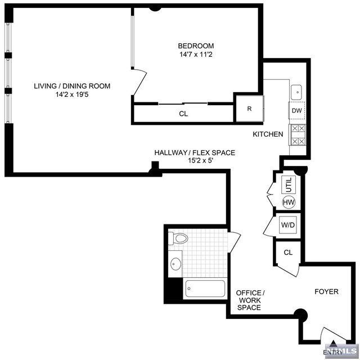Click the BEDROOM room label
196,46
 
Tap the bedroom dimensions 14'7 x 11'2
196,55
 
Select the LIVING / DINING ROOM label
72,86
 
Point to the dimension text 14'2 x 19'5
72,95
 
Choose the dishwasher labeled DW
296,111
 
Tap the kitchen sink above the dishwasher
296,91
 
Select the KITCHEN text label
268,134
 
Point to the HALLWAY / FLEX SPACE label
195,152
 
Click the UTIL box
289,184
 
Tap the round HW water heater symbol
289,202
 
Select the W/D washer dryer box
287,226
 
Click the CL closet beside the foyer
288,253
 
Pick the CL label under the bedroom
183,114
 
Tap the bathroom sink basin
176,263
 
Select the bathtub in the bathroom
205,289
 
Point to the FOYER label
326,291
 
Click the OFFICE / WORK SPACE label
249,300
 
